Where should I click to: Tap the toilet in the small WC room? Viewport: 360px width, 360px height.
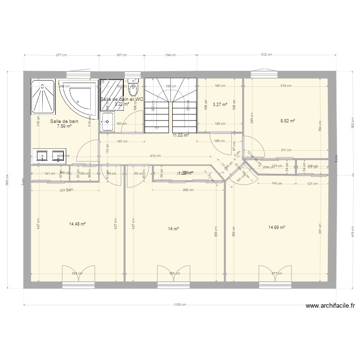click(134, 89)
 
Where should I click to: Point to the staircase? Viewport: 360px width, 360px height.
click(170, 106)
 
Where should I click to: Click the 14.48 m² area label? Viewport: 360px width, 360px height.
click(77, 224)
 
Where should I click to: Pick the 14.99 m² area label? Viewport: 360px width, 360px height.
click(277, 228)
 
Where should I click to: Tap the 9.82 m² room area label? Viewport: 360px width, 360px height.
click(287, 121)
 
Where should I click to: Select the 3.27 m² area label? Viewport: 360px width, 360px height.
click(220, 104)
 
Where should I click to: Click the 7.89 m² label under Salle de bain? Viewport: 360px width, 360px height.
click(64, 127)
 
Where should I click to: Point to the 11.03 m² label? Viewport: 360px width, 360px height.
click(180, 136)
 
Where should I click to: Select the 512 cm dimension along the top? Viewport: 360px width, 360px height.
click(266, 55)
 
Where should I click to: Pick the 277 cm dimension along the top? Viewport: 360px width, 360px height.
click(61, 55)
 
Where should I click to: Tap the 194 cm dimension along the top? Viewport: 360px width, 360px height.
click(171, 55)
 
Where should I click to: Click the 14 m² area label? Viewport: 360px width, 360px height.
click(173, 229)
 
